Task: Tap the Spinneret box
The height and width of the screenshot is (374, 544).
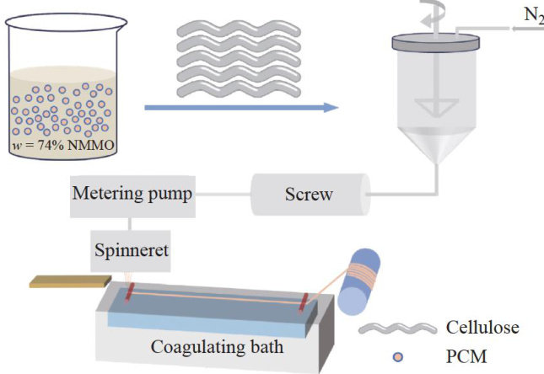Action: tap(132, 249)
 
